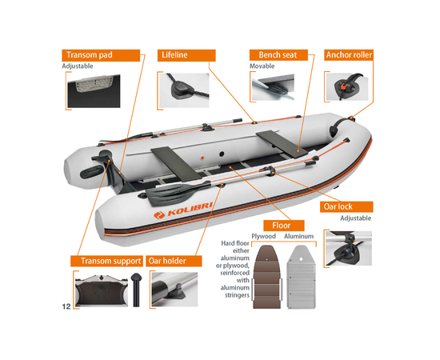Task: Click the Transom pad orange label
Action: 101,55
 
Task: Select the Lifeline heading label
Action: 186,55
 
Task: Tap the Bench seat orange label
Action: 278,55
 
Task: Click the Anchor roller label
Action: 349,55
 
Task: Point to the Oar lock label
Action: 346,206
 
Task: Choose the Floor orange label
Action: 284,226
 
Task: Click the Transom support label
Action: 106,261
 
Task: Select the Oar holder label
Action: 174,261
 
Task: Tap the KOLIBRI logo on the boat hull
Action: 183,210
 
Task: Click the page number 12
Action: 66,306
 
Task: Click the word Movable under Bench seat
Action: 262,66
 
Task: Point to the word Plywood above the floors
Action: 263,236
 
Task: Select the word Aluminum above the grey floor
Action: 299,236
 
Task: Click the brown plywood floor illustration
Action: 267,278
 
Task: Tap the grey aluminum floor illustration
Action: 302,278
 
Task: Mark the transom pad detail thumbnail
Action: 94,91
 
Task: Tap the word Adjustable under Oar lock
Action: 355,218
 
